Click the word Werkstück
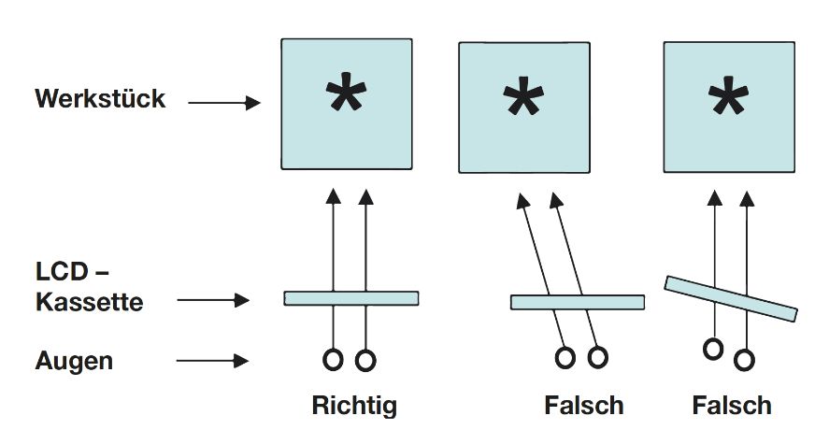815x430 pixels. [x=100, y=98]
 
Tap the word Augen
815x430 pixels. [x=74, y=361]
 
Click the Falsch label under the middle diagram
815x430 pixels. [x=583, y=406]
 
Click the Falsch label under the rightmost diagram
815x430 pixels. [x=731, y=406]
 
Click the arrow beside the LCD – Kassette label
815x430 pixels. [x=214, y=301]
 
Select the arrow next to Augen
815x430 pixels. [x=214, y=360]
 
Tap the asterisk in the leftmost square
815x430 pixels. [x=347, y=100]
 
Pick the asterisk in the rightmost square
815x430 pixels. [x=728, y=101]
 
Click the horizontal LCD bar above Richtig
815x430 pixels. [x=350, y=298]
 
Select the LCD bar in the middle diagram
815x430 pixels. [x=577, y=302]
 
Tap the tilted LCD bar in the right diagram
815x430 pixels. [x=731, y=298]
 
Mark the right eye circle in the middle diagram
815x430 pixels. [x=597, y=357]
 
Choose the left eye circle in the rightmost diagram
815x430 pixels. [x=714, y=350]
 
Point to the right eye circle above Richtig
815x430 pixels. [x=366, y=358]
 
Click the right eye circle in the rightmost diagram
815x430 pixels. [x=746, y=358]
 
